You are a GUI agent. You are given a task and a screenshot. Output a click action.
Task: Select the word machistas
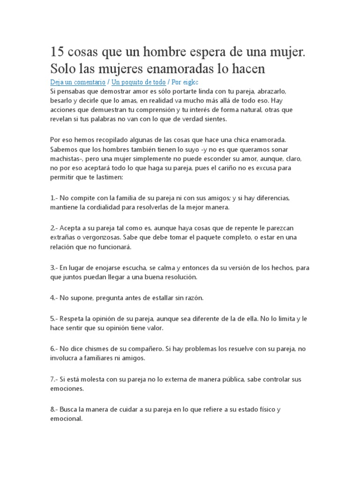click(64, 159)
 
